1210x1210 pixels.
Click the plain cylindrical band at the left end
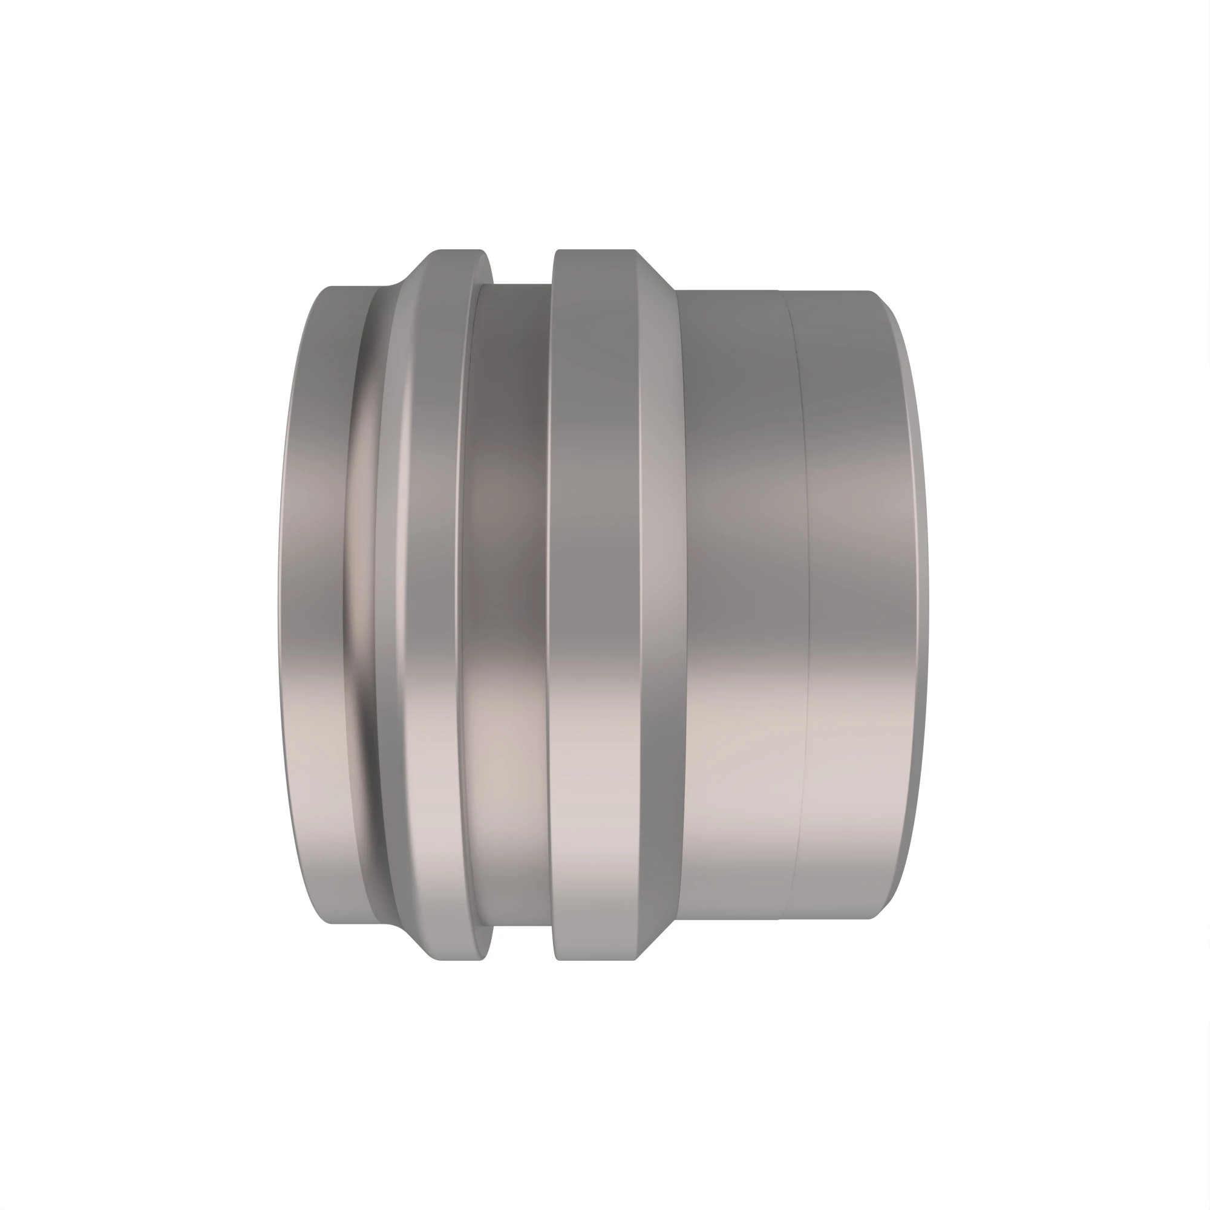(313, 601)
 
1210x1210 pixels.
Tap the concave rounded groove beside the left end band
(360, 601)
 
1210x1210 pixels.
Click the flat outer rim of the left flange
(432, 601)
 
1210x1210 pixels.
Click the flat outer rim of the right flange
(595, 601)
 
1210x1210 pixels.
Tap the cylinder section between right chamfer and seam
(739, 601)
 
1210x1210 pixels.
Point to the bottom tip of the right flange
(595, 959)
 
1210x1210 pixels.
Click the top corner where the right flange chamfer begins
(636, 250)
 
